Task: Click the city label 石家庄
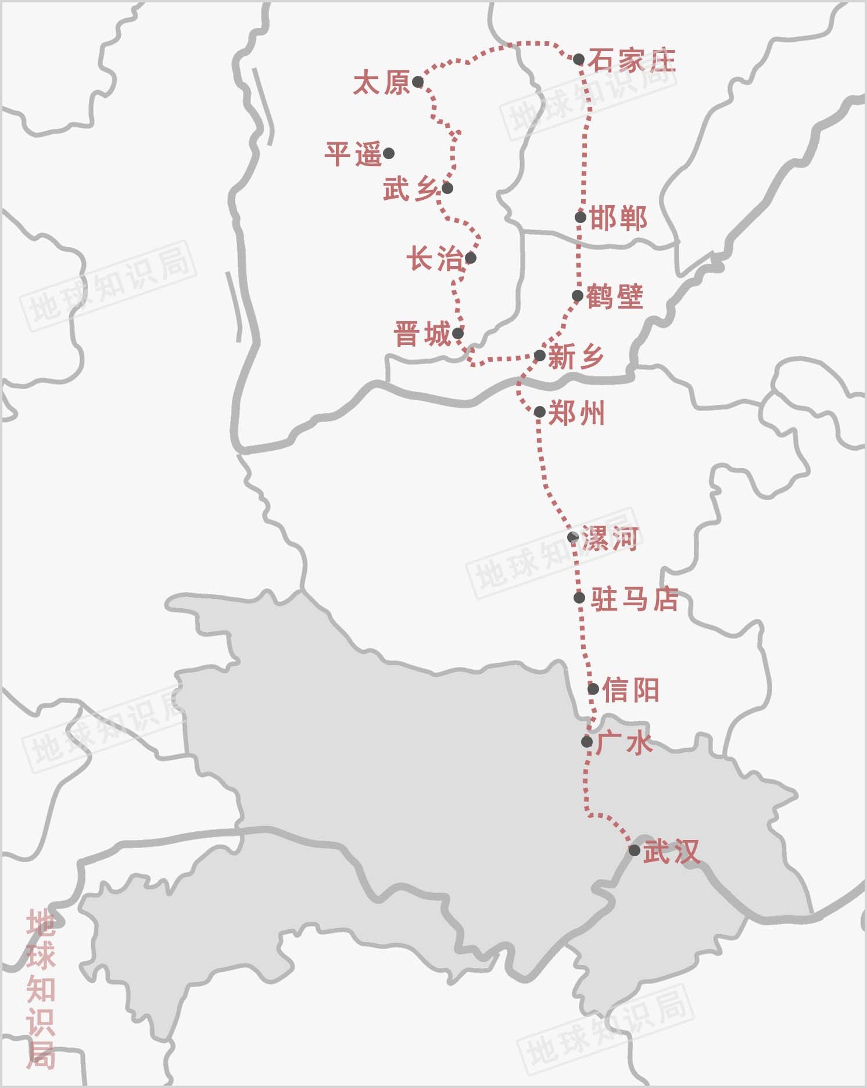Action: click(632, 60)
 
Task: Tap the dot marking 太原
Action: click(418, 82)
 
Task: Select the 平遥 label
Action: click(353, 155)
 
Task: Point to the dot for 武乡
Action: click(447, 188)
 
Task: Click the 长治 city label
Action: click(434, 259)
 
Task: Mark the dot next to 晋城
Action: click(458, 333)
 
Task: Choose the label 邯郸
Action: click(618, 219)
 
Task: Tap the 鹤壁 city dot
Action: click(578, 296)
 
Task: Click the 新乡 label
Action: click(576, 356)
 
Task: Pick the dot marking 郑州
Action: click(539, 412)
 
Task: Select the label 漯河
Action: click(611, 538)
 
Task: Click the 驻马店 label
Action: click(635, 599)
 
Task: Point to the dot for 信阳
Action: click(593, 689)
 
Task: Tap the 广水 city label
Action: click(624, 743)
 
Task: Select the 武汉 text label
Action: click(671, 852)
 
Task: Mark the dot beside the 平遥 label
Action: click(389, 153)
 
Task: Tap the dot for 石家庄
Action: click(579, 59)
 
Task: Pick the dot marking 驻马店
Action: click(579, 598)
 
